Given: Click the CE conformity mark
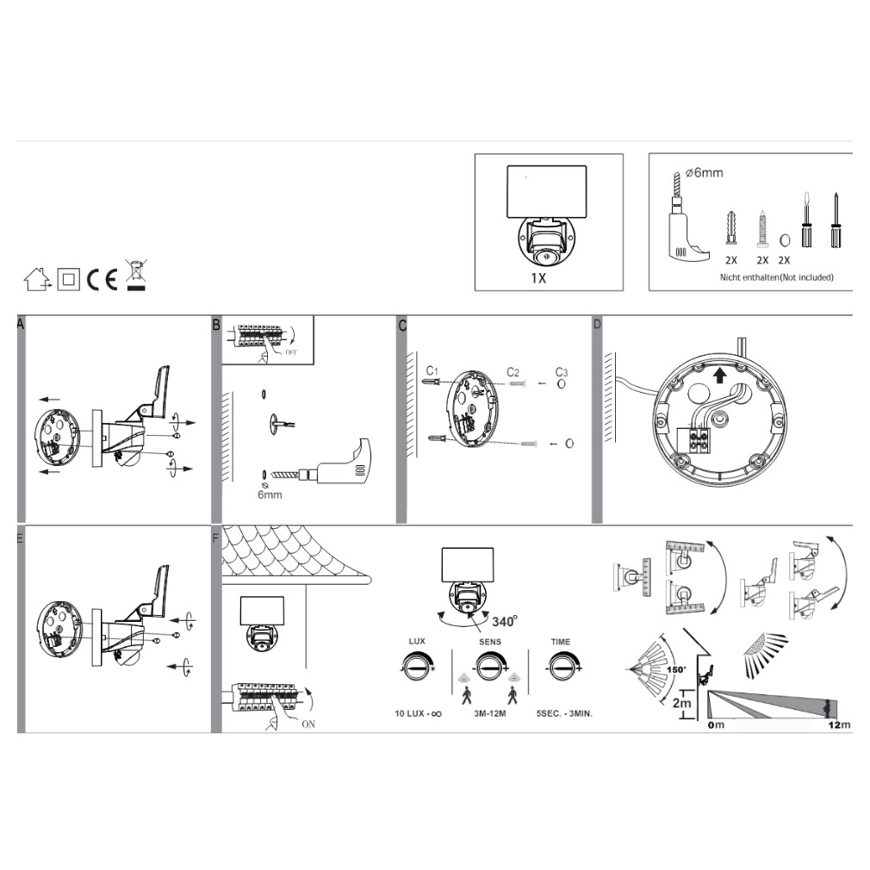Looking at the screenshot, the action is click(103, 279).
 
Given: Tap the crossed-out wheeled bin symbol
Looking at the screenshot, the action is click(136, 275).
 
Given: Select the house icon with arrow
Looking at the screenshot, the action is click(37, 279).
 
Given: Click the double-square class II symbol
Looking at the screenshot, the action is click(68, 279).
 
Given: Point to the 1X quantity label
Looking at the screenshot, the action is click(538, 278).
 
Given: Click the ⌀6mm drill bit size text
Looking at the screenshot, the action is click(704, 173).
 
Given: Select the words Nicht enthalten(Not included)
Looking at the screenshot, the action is click(776, 277).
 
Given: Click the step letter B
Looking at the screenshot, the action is click(216, 325).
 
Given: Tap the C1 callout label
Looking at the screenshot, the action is click(432, 370).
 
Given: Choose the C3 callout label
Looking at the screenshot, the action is click(562, 372).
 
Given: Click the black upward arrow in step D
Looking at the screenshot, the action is click(719, 376).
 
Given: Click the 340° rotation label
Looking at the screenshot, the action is click(505, 621).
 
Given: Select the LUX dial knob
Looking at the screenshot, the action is click(417, 668).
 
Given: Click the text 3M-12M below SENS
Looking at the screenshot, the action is click(490, 713).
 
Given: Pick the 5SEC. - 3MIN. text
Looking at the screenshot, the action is click(564, 713).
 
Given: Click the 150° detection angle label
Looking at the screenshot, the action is click(676, 669).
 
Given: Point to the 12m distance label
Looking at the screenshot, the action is click(839, 724).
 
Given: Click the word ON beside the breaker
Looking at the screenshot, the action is click(308, 724).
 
